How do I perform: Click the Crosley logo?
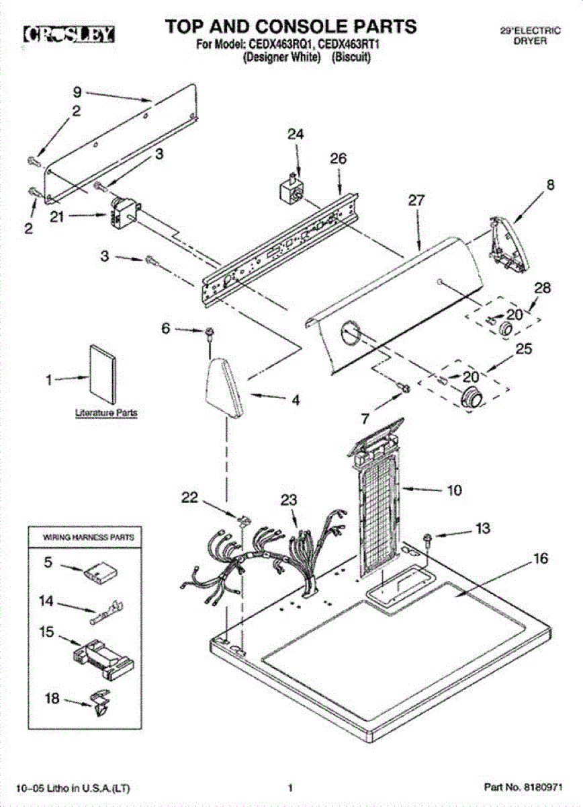69,34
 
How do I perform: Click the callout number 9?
77,92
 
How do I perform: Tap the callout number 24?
296,134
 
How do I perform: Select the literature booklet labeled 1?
103,374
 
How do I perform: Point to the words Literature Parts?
106,412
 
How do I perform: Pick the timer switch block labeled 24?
292,189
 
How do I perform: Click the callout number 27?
416,200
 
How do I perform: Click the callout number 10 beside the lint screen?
454,490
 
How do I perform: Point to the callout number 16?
540,558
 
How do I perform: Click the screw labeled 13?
429,538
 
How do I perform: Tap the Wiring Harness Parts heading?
89,537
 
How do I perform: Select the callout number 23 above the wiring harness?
289,500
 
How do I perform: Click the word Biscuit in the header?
351,57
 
